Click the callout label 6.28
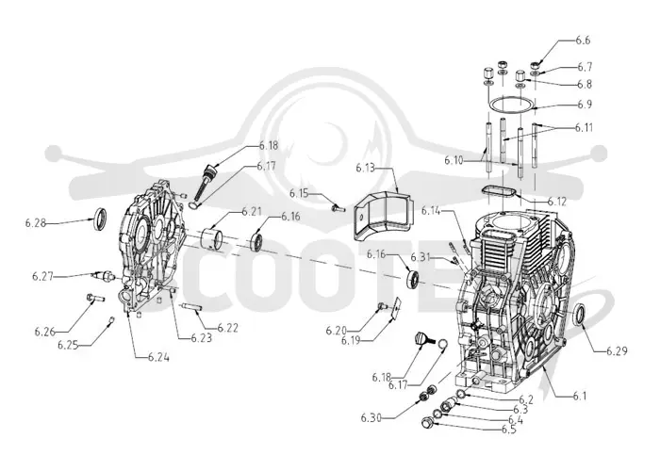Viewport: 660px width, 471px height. pos(35,223)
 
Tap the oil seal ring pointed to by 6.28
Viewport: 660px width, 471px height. pos(100,219)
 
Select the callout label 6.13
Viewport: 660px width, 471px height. pos(365,169)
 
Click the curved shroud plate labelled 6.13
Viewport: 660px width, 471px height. pos(381,216)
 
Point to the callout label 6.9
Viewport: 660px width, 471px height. pos(585,104)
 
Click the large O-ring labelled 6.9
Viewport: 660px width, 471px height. pos(488,104)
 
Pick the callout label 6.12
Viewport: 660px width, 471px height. pos(557,202)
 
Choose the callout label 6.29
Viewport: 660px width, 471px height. pos(617,350)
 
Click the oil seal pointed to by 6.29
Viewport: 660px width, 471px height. pos(580,315)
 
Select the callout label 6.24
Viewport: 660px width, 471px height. pos(158,358)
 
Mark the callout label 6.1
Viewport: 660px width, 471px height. pos(579,396)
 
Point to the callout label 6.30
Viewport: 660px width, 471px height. pos(371,418)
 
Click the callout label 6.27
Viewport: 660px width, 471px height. pos(42,276)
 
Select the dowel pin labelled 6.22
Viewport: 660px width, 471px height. pos(192,307)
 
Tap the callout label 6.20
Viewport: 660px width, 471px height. pos(336,331)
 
